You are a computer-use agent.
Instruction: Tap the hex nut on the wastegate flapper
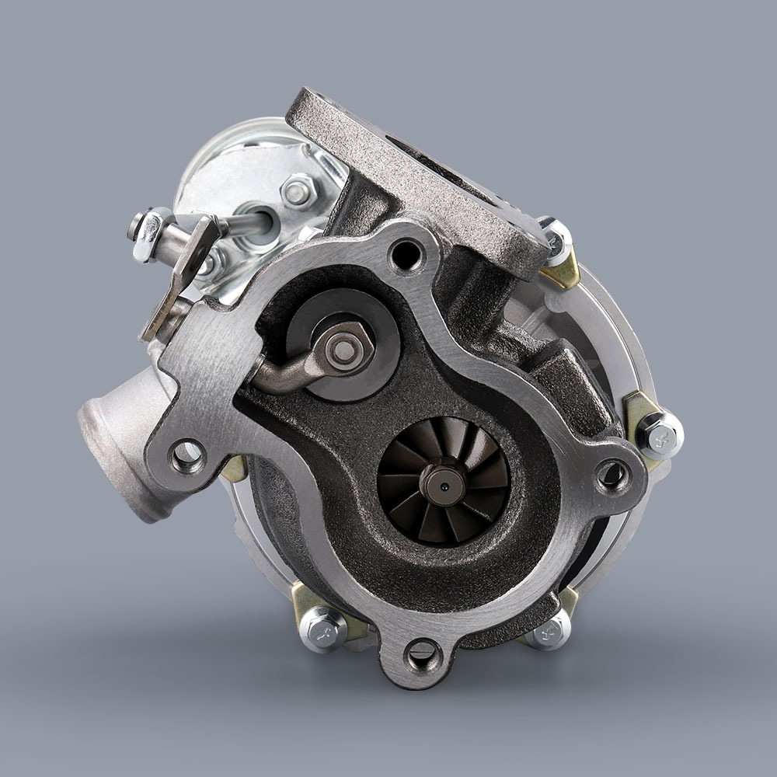pyautogui.click(x=343, y=349)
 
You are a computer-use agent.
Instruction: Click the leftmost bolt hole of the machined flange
pyautogui.click(x=187, y=456)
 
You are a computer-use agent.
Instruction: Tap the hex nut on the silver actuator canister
pyautogui.click(x=298, y=191)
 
